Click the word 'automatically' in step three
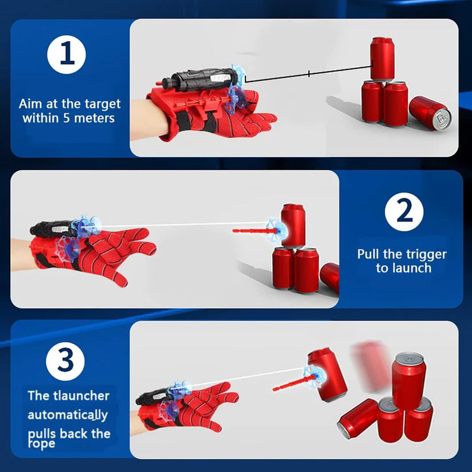tap(68, 415)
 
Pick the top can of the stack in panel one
tap(382, 58)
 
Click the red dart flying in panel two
tap(252, 231)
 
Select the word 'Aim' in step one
tap(30, 104)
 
